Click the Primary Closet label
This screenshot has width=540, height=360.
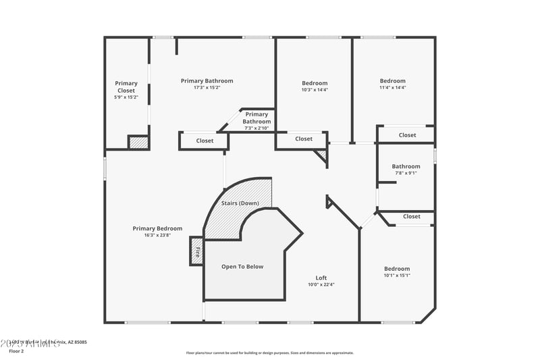pos(126,86)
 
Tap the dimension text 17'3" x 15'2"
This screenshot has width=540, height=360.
pos(207,87)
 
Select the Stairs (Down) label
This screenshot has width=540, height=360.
pos(240,203)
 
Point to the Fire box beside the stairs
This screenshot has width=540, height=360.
pos(197,252)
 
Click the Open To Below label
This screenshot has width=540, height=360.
pos(242,266)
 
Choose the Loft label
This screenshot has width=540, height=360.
pos(321,278)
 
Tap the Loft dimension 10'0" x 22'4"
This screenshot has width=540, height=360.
pos(321,284)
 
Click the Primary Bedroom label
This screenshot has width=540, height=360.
pos(157,228)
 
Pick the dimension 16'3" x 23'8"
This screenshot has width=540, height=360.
pos(157,235)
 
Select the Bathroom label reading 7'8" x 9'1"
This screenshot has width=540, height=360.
pos(406,166)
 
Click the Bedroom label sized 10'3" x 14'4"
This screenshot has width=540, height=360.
pos(315,83)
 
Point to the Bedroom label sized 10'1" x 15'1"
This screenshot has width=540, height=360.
pos(397,268)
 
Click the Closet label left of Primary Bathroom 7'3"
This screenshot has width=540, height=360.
pos(205,140)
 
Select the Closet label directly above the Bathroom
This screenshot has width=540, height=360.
pos(407,135)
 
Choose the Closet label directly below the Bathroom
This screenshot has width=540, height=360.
pos(411,216)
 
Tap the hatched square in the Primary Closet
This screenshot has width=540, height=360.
pos(138,143)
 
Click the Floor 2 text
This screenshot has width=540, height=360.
pos(16,351)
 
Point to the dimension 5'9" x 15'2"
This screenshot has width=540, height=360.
pos(126,97)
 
